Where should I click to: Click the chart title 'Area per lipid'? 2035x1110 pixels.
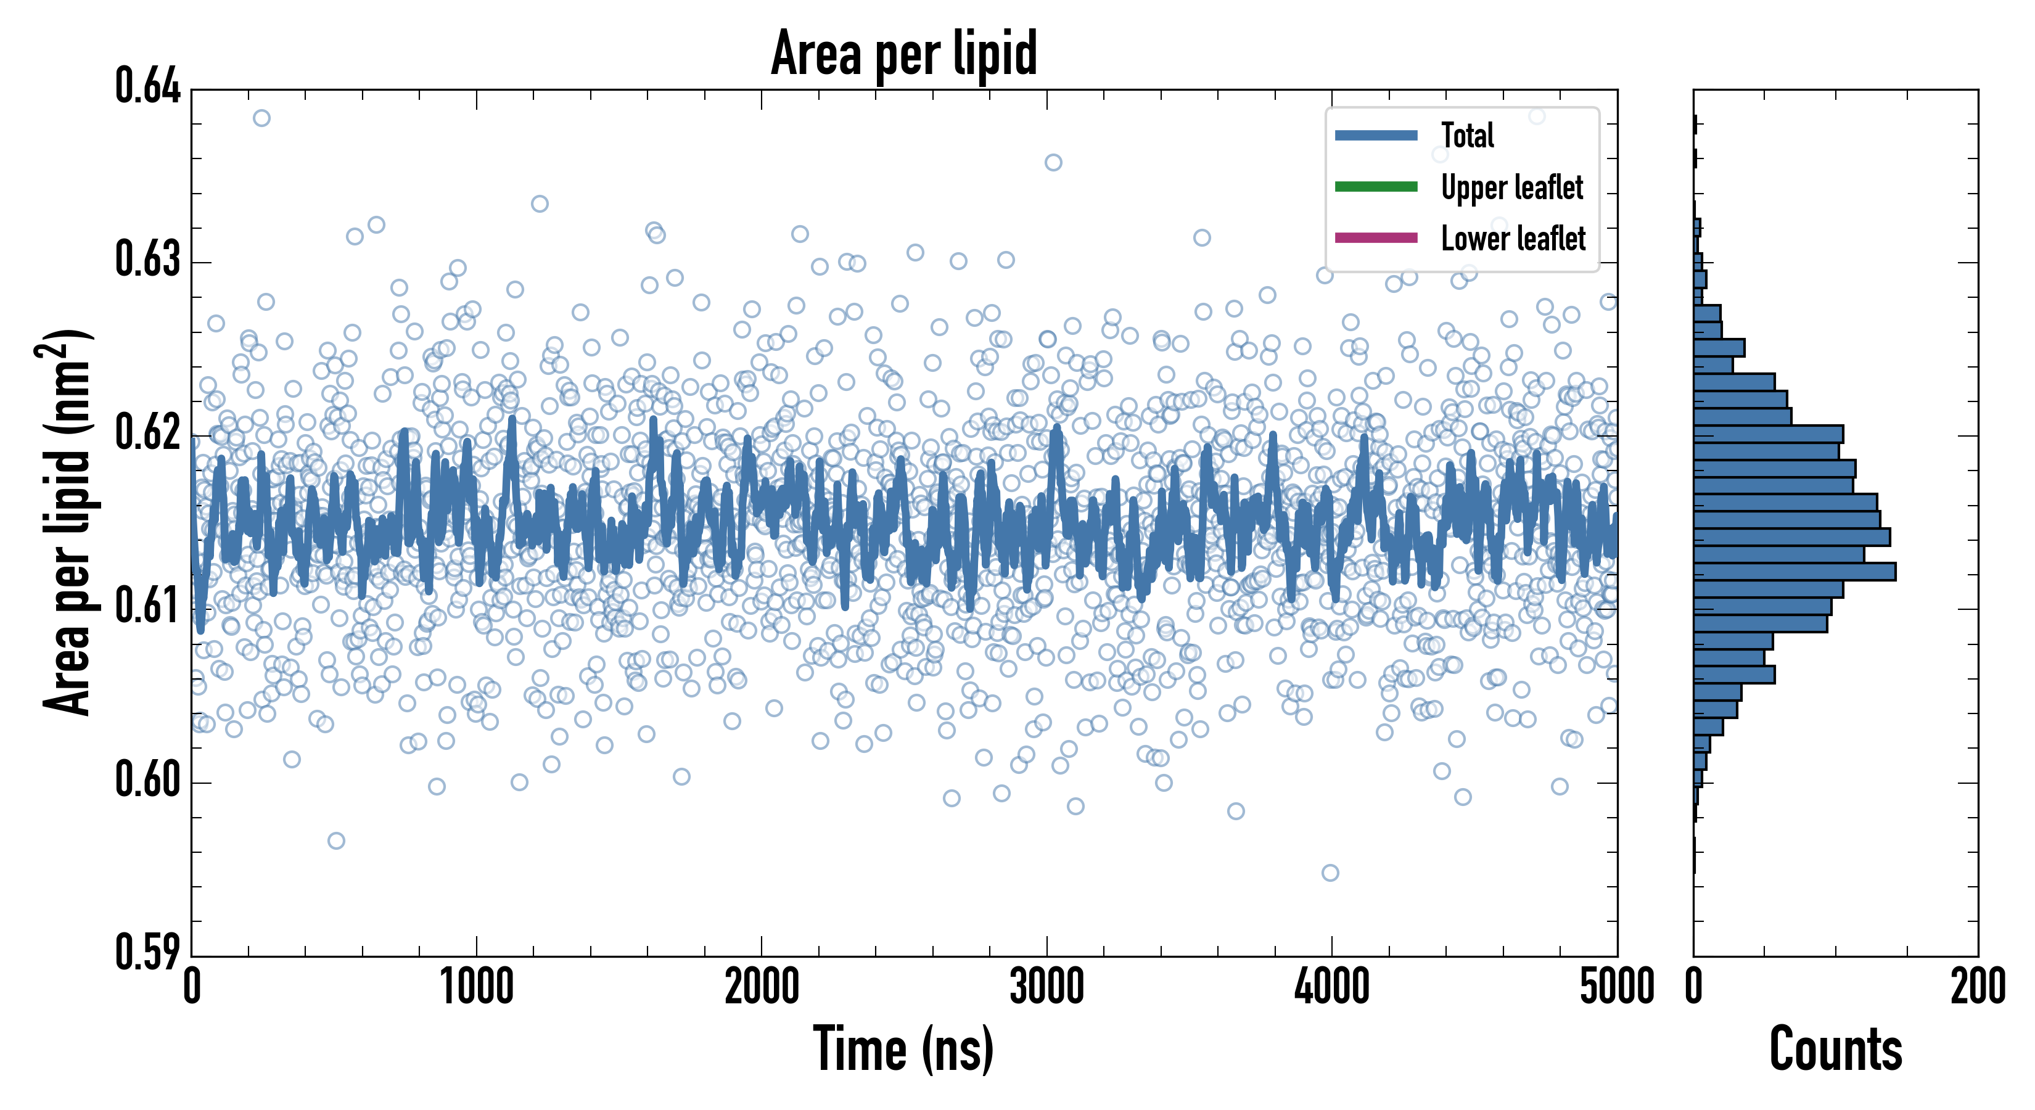tap(904, 54)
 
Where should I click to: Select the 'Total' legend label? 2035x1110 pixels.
tap(1467, 135)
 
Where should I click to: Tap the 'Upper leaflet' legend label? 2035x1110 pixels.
tap(1511, 187)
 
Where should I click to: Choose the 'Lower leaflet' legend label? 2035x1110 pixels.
tap(1513, 239)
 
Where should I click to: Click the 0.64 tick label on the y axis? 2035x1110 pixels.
tap(148, 86)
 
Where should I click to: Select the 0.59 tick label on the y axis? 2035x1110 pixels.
tap(148, 952)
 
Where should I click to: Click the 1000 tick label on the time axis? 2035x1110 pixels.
tap(476, 987)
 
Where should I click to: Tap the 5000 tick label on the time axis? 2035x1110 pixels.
tap(1616, 987)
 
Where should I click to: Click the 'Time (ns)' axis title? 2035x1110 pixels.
tap(904, 1049)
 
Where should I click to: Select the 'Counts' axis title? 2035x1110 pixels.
tap(1835, 1049)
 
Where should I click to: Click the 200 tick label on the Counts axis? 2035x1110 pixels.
tap(1977, 987)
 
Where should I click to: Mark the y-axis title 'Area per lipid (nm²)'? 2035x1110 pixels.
tap(68, 522)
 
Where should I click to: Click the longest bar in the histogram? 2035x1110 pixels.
tap(1794, 571)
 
